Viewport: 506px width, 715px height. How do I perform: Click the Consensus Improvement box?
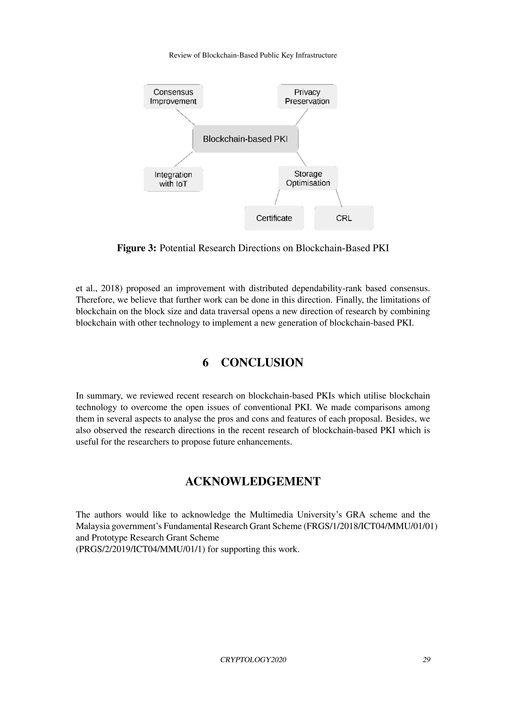pos(173,97)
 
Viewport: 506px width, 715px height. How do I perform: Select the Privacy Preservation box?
pos(307,97)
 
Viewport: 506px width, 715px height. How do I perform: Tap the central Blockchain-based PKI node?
pos(246,139)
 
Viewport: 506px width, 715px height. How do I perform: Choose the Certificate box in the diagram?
pos(274,218)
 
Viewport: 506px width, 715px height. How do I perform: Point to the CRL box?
pos(344,218)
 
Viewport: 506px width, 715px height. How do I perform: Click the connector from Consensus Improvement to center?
pos(185,117)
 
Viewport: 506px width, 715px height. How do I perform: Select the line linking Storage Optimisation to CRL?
pos(339,198)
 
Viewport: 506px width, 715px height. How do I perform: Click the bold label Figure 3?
pos(136,248)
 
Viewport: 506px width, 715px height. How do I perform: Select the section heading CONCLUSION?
pos(262,362)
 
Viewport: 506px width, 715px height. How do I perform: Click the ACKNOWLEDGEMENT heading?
pos(253,481)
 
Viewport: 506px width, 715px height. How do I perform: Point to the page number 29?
pos(426,659)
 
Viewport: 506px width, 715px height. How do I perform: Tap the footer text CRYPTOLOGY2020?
pos(253,659)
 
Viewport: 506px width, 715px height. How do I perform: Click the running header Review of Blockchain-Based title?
pos(253,56)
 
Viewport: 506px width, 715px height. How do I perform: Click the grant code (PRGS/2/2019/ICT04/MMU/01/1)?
pos(141,549)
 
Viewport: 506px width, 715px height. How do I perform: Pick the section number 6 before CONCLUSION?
pos(205,362)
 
